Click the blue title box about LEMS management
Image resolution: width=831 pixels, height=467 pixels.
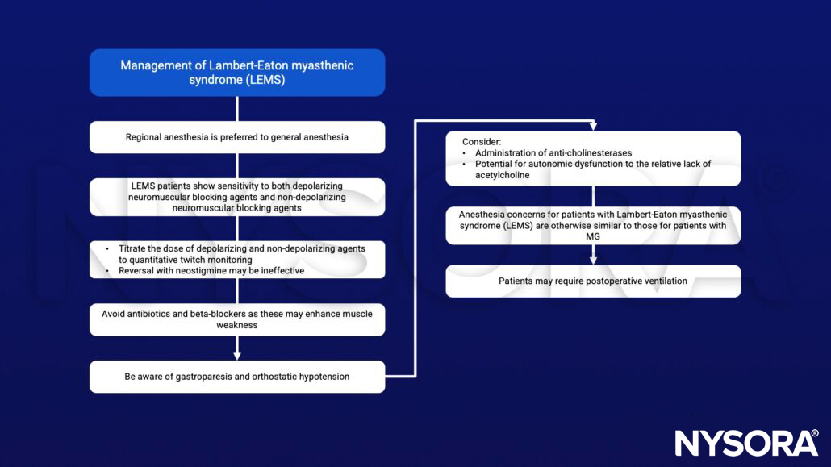pyautogui.click(x=236, y=73)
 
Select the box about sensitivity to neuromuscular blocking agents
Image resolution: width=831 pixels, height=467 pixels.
pyautogui.click(x=236, y=197)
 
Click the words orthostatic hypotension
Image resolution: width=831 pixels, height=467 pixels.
pyautogui.click(x=306, y=377)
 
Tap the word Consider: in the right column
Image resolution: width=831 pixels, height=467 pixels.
pyautogui.click(x=481, y=141)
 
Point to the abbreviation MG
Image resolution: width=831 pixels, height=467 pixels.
pyautogui.click(x=593, y=236)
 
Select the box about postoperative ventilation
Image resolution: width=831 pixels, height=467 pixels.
pyautogui.click(x=593, y=281)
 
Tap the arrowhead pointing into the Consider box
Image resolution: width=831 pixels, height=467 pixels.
pyautogui.click(x=593, y=127)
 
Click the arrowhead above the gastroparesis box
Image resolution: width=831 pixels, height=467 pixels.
pyautogui.click(x=236, y=356)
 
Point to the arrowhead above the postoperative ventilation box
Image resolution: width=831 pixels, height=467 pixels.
pyautogui.click(x=593, y=260)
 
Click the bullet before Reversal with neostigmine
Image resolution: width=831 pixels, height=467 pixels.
pyautogui.click(x=107, y=270)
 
